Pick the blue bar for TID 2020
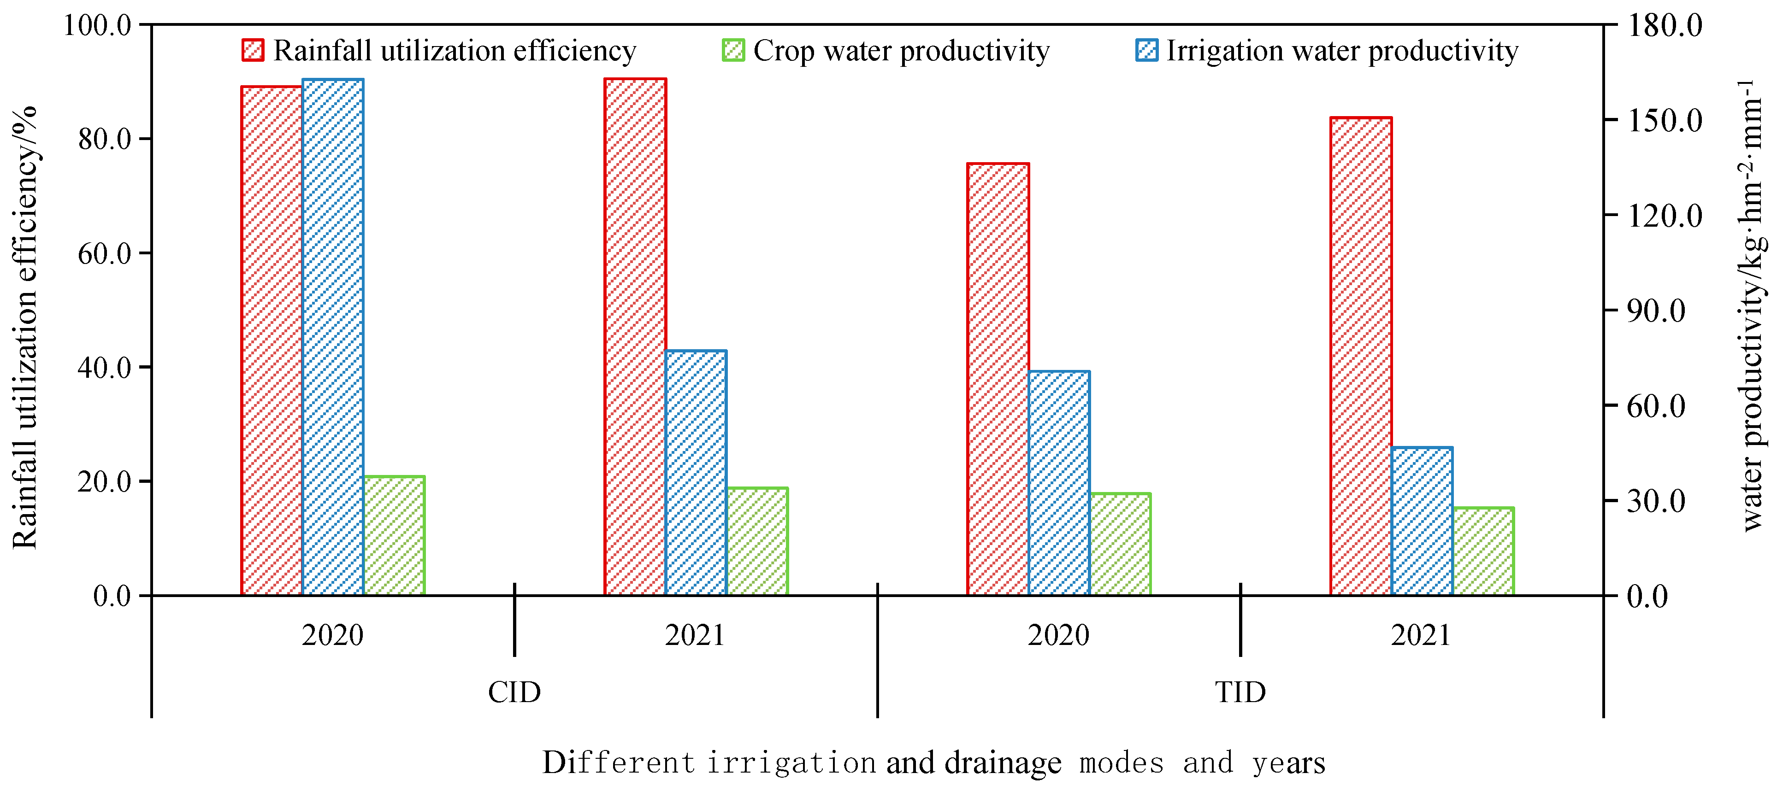(x=1059, y=483)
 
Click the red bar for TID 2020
(x=998, y=379)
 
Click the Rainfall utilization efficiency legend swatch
(x=253, y=50)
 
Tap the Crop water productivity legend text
(x=901, y=50)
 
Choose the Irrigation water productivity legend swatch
(x=1146, y=50)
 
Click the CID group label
(x=514, y=691)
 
